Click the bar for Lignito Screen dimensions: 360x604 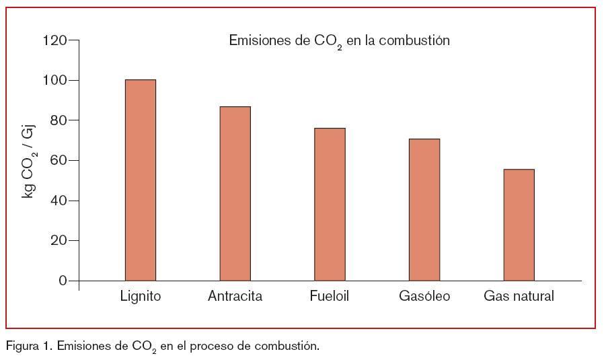[140, 180]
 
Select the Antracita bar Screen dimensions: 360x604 [235, 193]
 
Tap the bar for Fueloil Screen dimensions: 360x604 [330, 204]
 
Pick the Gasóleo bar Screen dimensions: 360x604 [424, 209]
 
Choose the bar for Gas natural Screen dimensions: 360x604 [519, 225]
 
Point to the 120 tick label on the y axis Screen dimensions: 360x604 [54, 40]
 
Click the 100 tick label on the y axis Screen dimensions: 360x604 [54, 80]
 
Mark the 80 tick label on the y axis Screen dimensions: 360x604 [58, 120]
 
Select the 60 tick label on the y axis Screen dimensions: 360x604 [58, 160]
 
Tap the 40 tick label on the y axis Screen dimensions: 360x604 [58, 201]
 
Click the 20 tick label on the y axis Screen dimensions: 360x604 [58, 240]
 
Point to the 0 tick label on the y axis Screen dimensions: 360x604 [63, 281]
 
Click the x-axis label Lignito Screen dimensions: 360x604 [141, 296]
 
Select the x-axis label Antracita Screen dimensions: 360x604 [235, 296]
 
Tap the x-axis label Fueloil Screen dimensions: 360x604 [330, 296]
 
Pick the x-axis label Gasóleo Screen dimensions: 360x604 [424, 296]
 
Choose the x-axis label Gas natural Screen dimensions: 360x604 [519, 296]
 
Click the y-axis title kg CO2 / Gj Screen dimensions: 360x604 [29, 159]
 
